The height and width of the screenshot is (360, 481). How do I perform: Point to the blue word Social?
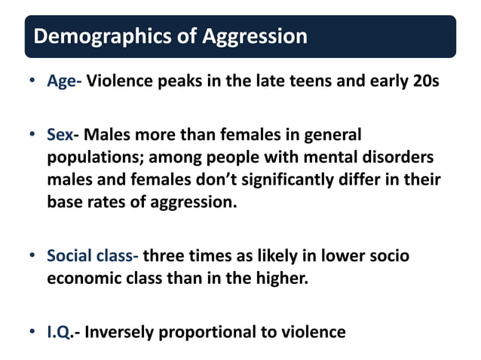(69, 255)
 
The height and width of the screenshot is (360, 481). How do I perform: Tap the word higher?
(280, 278)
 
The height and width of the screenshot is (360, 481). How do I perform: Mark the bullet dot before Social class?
(32, 256)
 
